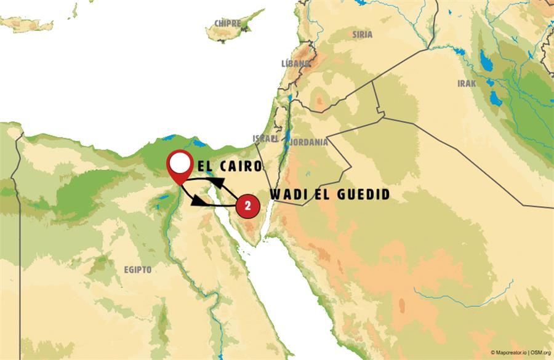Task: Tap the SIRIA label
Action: tap(362, 35)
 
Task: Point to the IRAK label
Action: tap(467, 84)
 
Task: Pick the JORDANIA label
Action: tap(310, 142)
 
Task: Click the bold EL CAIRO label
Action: tap(230, 166)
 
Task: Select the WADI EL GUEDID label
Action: tap(330, 194)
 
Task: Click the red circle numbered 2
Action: tap(247, 206)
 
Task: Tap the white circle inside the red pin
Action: tap(179, 164)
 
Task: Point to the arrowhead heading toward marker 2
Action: tap(198, 201)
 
